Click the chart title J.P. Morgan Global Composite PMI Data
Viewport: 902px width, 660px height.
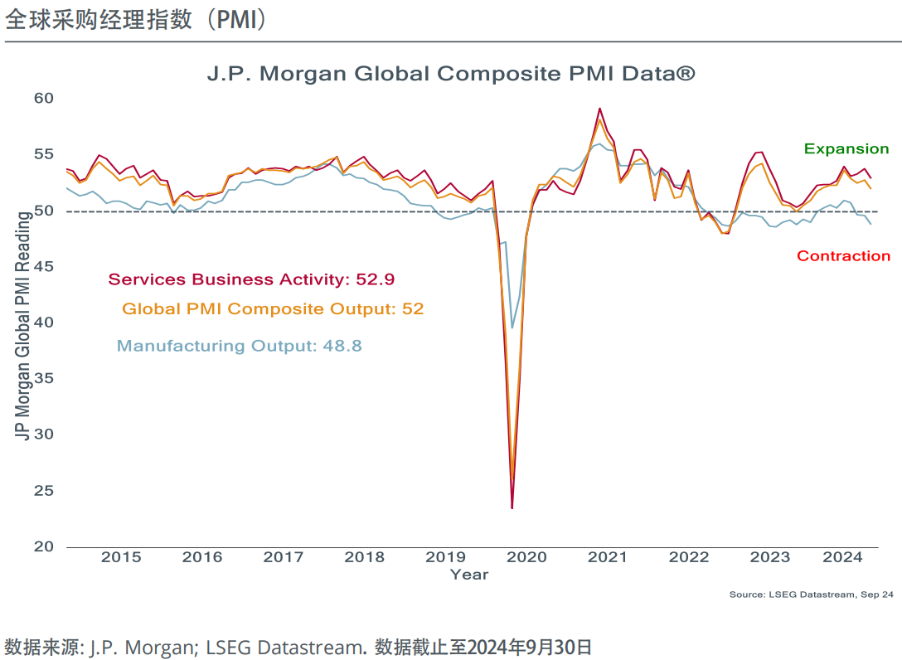(450, 74)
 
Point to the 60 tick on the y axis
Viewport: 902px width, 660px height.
(43, 98)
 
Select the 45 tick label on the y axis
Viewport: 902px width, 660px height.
(43, 267)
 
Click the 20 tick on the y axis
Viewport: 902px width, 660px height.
(43, 546)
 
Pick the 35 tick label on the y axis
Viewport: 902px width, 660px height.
(43, 379)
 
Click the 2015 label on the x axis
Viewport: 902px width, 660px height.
(121, 557)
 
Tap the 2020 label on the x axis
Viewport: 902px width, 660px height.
(526, 557)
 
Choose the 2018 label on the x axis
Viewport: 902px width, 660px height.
(364, 557)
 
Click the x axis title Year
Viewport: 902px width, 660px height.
(469, 574)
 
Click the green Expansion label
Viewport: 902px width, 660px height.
(846, 149)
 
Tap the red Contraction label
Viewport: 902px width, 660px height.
(843, 256)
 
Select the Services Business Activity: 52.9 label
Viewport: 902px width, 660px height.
(257, 279)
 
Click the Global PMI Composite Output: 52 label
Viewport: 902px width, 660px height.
(273, 309)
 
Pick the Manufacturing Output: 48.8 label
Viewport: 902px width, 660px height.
(240, 346)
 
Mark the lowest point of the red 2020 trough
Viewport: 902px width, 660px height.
(512, 507)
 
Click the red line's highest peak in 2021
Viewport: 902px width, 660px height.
(599, 109)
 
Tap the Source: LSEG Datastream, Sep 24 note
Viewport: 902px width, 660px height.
(811, 594)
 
